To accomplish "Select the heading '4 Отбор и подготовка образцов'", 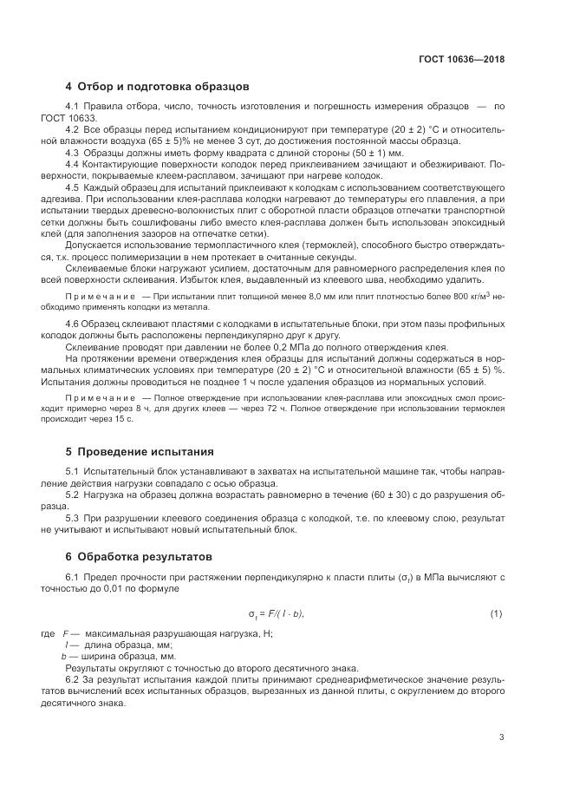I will coord(157,87).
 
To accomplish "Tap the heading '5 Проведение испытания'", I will coord(141,452).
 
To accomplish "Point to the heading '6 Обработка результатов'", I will coord(145,556).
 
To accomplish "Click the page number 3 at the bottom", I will coord(501,738).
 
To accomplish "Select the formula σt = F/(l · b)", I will coord(276,615).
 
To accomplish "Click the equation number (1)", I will coord(496,615).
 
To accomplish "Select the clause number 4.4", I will coord(74,163).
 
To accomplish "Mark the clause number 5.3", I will coord(74,516).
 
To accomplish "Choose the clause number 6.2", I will coord(74,680).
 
